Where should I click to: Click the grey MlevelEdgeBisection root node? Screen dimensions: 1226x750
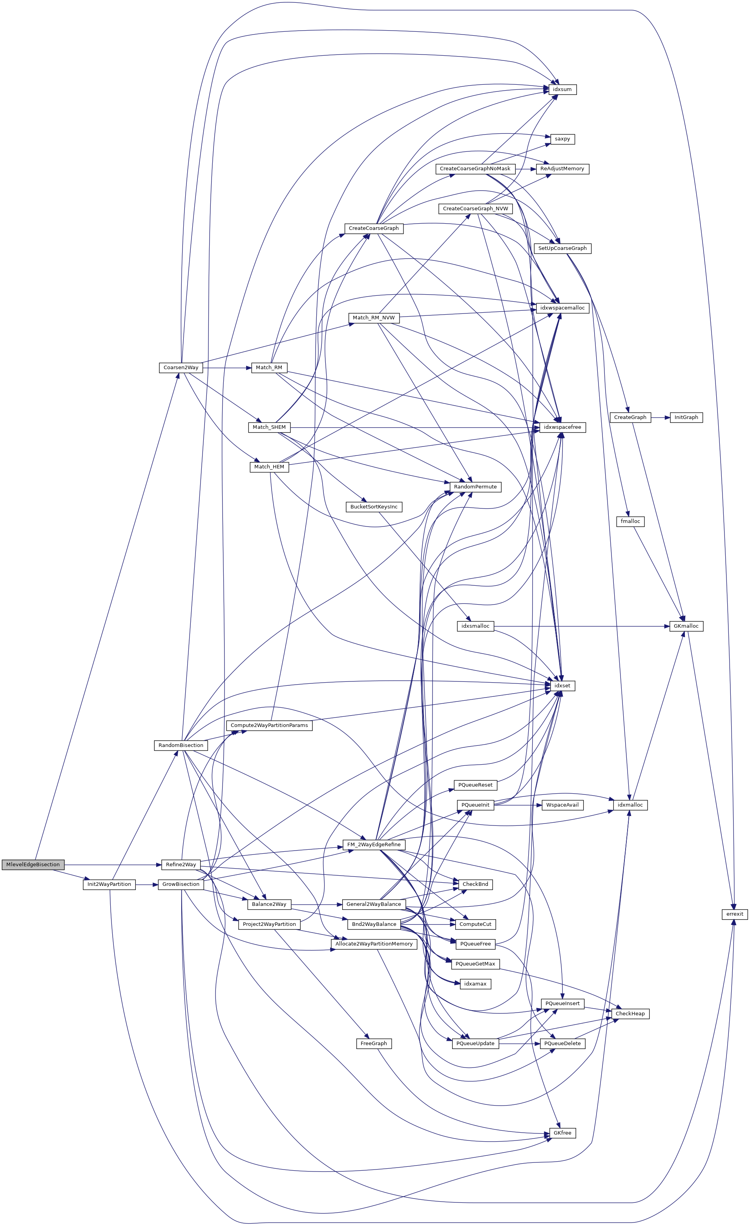pyautogui.click(x=33, y=865)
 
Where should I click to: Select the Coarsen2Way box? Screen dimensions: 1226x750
pyautogui.click(x=181, y=368)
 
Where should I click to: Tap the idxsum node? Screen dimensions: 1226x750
pyautogui.click(x=562, y=89)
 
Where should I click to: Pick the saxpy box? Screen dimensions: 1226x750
pyautogui.click(x=562, y=139)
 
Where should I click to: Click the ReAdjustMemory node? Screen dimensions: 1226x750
pyautogui.click(x=562, y=169)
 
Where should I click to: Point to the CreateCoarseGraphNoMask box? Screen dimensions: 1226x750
pyautogui.click(x=475, y=169)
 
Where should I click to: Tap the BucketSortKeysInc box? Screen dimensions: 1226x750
pyautogui.click(x=374, y=507)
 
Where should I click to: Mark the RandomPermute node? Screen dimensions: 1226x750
pyautogui.click(x=475, y=486)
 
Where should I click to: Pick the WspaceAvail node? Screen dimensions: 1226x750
pyautogui.click(x=562, y=805)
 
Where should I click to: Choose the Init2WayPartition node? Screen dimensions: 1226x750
pyautogui.click(x=109, y=884)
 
